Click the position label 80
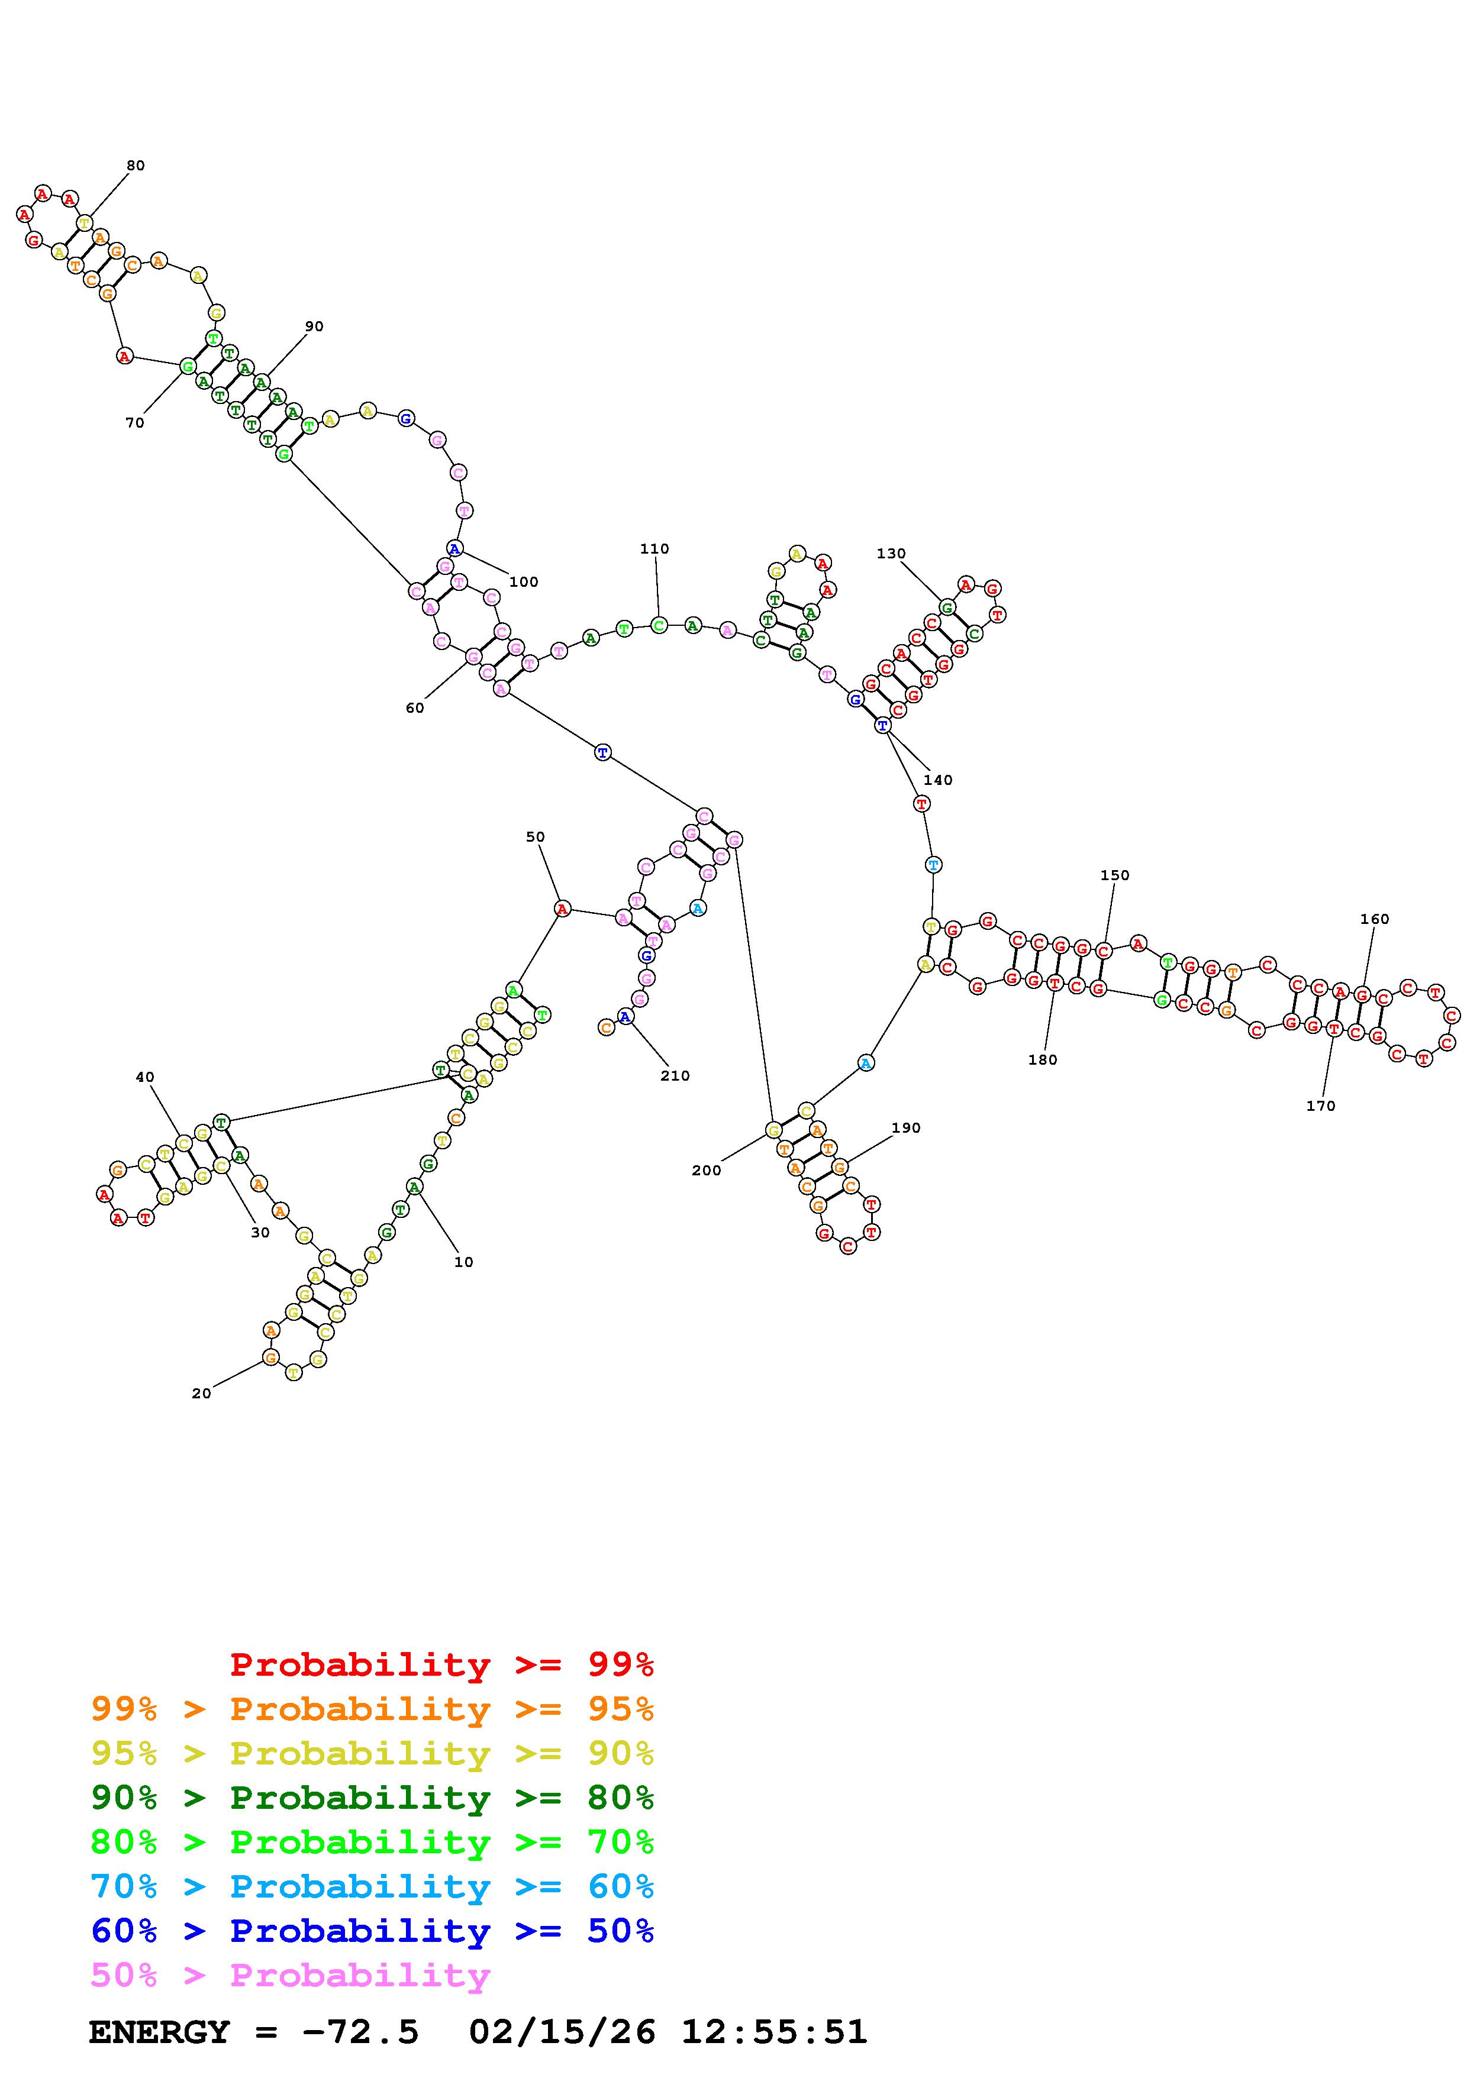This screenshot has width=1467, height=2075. click(x=136, y=166)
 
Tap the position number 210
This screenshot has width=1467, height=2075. click(x=674, y=1075)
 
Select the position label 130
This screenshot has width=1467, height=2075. click(x=891, y=553)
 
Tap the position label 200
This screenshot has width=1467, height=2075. click(x=706, y=1171)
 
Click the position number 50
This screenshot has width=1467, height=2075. click(x=535, y=837)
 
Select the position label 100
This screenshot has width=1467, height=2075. click(x=523, y=582)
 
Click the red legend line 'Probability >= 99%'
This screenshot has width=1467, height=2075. click(x=441, y=1664)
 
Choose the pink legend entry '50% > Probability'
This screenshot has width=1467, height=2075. click(x=290, y=1976)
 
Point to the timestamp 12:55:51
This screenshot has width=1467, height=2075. click(x=773, y=2032)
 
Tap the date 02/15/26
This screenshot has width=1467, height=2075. click(x=562, y=2032)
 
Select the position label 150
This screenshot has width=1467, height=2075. click(x=1114, y=875)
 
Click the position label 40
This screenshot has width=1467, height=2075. click(x=144, y=1077)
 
